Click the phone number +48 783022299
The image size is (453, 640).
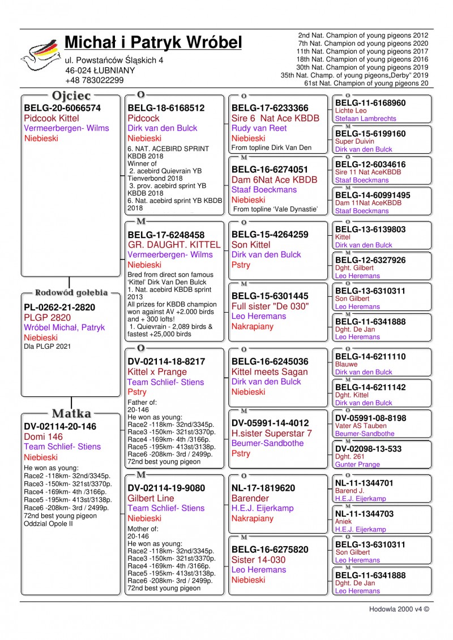[95, 80]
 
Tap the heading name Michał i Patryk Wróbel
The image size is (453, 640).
[153, 42]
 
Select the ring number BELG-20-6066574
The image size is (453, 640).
[62, 108]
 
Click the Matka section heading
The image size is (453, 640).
[71, 413]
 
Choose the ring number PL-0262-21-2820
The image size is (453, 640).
[59, 308]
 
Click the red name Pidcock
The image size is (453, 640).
[144, 118]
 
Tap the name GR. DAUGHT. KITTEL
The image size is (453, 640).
[174, 245]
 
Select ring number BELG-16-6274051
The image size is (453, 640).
[270, 170]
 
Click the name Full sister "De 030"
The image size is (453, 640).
[270, 306]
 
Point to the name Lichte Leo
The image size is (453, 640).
[351, 111]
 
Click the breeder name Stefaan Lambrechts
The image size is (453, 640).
[365, 119]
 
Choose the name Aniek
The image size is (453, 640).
[344, 522]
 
